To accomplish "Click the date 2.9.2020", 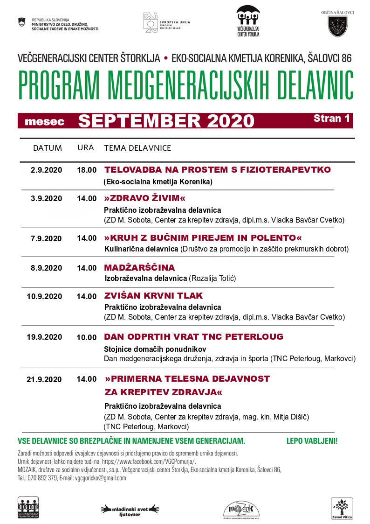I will (46, 170).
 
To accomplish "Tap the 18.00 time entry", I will (87, 170).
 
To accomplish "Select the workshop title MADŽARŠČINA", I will (139, 268).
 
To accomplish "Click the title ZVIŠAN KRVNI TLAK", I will (153, 296).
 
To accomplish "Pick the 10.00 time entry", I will (87, 337).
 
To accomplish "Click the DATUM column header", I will (47, 148).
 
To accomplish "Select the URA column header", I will (86, 148).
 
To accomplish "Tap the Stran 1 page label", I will (331, 119).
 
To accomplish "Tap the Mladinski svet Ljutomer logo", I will (130, 509).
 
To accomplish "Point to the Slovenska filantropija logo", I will (28, 508).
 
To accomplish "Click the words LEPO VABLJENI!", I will (312, 440).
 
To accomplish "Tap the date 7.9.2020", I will (46, 238).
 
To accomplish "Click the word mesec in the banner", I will (44, 121).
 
